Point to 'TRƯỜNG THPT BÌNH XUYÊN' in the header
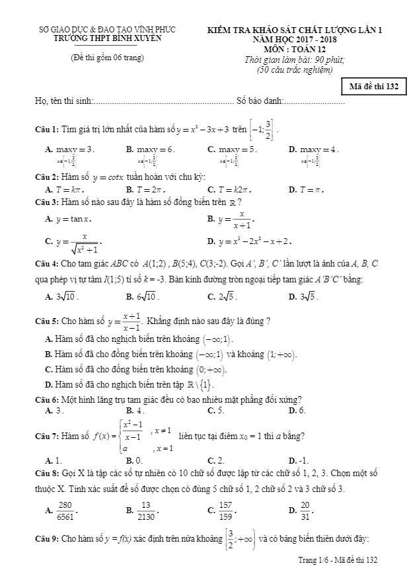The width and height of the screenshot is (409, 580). [108, 38]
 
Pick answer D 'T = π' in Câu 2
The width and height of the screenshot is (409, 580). [311, 190]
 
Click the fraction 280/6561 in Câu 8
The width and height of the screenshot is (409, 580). [66, 510]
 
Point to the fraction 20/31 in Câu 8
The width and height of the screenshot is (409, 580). [305, 510]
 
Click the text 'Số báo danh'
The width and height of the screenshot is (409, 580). [259, 101]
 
